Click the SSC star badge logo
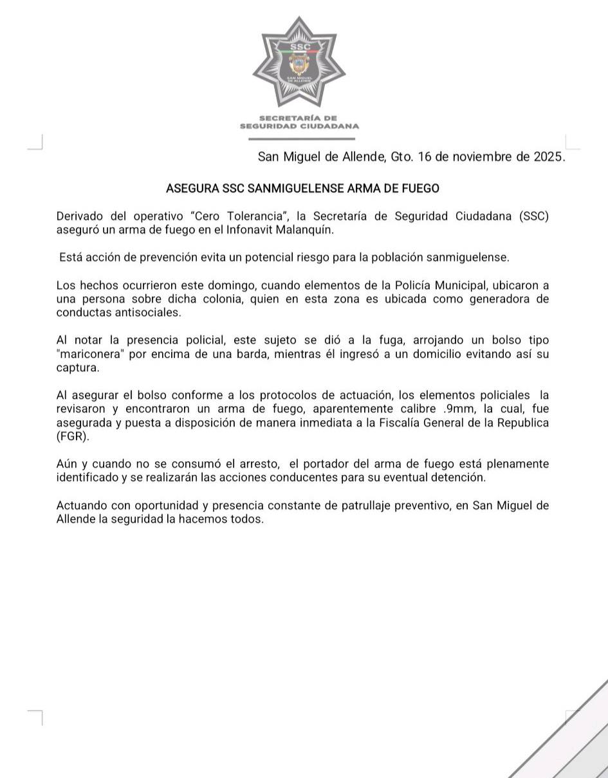[299, 63]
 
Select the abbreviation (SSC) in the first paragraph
[533, 216]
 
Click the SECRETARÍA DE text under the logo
[299, 118]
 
